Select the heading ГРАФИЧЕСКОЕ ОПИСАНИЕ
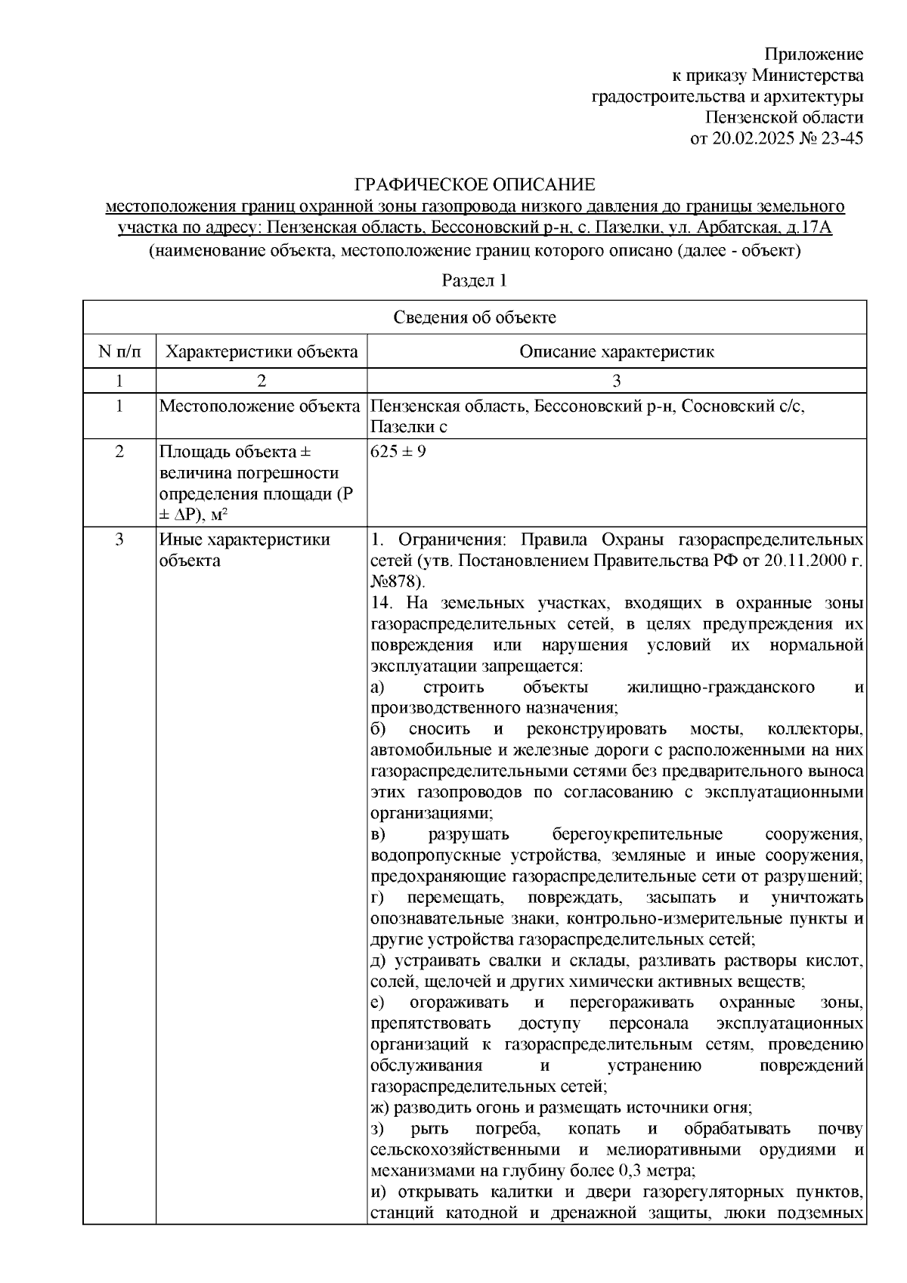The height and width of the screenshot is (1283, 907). click(475, 185)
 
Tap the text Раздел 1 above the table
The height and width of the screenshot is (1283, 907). click(474, 281)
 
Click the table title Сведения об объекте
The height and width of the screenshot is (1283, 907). click(475, 317)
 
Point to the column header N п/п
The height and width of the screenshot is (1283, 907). click(119, 351)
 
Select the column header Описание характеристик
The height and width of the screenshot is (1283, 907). click(617, 351)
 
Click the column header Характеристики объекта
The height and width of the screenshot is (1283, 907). click(262, 351)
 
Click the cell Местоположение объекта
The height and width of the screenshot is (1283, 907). click(259, 407)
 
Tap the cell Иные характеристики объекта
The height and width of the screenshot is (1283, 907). click(244, 550)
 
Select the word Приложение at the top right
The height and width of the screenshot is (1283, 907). click(814, 54)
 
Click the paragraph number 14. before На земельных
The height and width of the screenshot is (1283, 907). click(383, 603)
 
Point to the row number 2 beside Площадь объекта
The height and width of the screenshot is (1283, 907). click(119, 452)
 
